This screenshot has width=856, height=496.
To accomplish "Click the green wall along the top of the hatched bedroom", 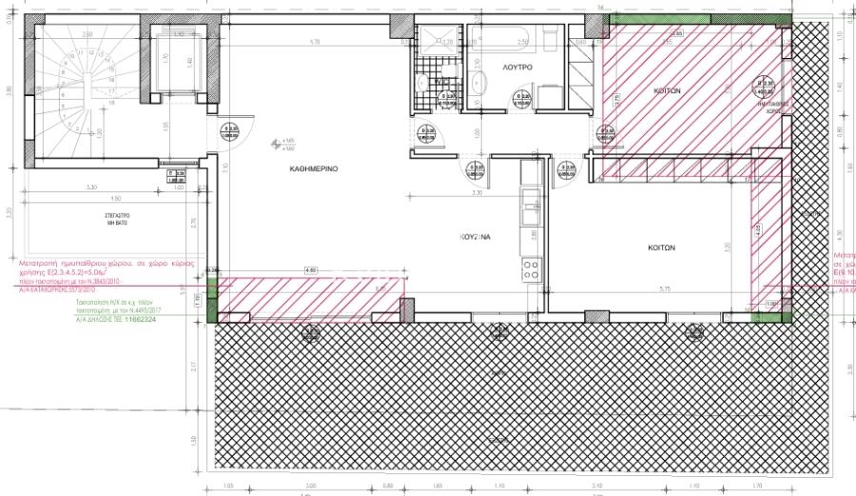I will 694,18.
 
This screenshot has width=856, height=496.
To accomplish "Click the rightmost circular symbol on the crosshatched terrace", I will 697,332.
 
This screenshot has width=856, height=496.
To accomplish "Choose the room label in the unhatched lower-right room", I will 660,248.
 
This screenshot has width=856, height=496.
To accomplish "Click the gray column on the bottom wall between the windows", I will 595,316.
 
